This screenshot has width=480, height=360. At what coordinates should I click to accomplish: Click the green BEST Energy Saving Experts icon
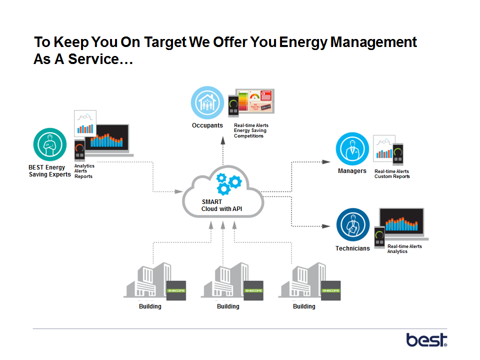coord(50,145)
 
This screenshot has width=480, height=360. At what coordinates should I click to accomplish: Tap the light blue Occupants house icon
coord(207,102)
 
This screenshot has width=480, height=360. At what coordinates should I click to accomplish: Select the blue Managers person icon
coord(352,148)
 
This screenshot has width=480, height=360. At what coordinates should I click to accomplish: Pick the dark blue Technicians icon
coord(353,225)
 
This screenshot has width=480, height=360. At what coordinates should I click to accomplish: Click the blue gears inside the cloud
coord(228,183)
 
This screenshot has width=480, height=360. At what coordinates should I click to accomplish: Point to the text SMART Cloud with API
coord(221,205)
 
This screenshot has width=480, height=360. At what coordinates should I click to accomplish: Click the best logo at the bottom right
coord(426,340)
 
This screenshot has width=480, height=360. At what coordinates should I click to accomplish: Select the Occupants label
coord(207,125)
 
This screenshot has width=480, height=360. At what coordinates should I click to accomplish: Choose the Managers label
coord(352,171)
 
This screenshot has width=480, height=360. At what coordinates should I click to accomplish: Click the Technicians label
coord(352,248)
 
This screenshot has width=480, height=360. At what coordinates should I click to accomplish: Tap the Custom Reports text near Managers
coord(392,176)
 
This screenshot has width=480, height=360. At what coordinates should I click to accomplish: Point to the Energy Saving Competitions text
coord(250,133)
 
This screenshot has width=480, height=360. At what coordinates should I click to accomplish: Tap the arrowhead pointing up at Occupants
coord(223,141)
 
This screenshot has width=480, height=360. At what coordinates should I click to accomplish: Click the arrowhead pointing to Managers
coord(326,161)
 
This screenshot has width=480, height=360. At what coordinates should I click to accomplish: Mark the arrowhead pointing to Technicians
coord(326,226)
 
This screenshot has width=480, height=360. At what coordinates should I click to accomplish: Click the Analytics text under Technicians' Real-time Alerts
coord(397,251)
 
